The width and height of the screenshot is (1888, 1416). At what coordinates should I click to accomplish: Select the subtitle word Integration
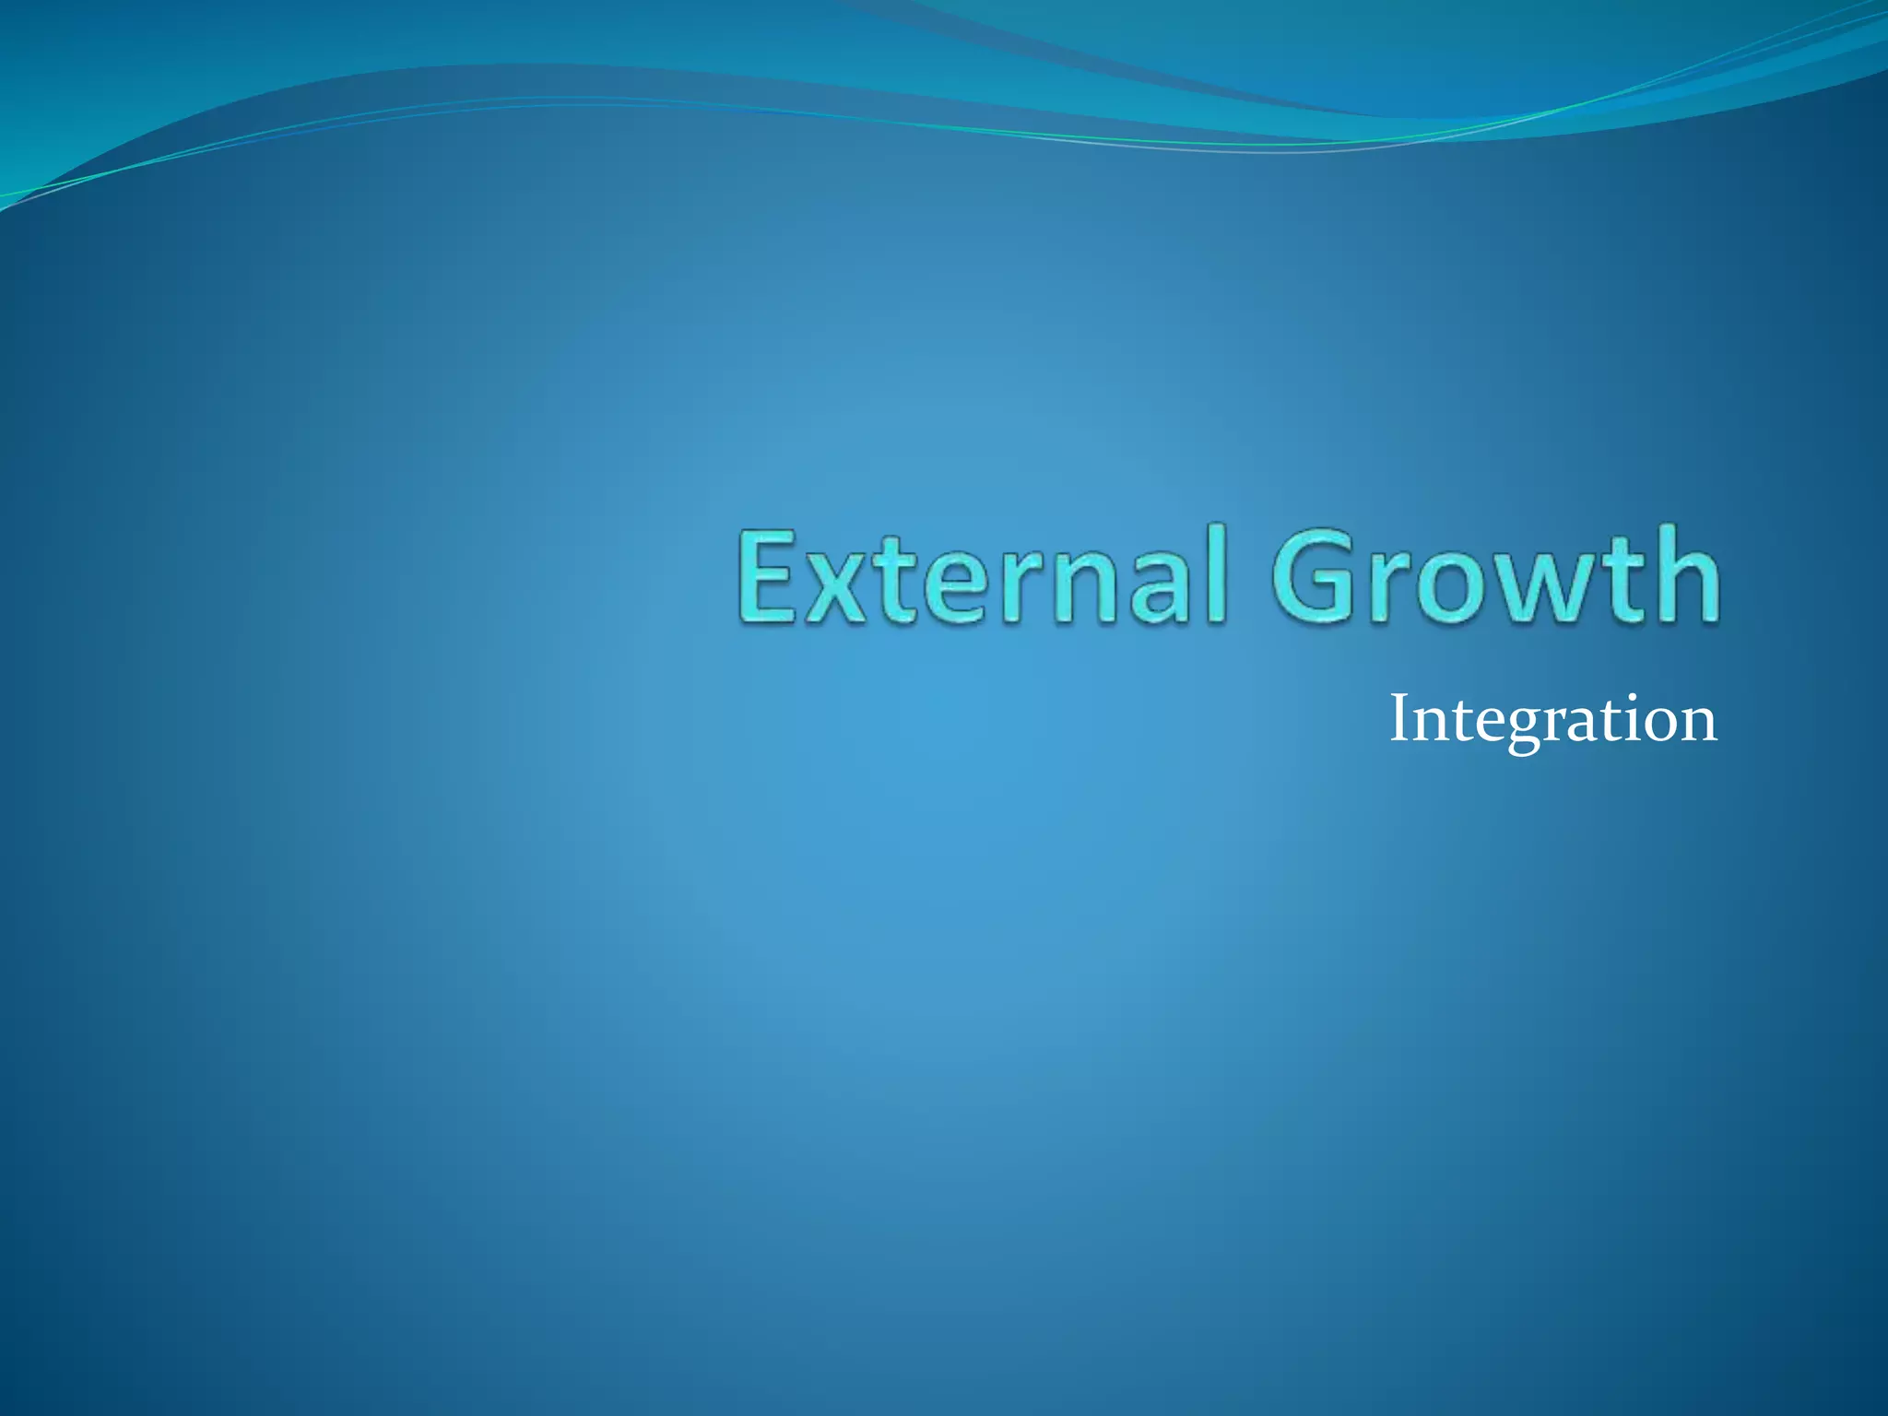(x=1552, y=720)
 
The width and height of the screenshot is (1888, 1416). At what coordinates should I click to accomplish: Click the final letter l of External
(x=1218, y=573)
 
